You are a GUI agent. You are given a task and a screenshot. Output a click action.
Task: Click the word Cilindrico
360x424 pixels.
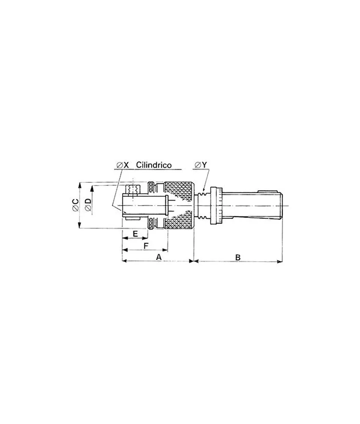[154, 165]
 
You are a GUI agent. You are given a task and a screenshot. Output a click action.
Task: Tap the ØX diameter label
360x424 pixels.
[122, 165]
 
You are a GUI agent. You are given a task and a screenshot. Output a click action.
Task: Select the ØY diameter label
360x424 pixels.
[201, 165]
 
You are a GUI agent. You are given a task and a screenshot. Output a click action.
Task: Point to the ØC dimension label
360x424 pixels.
[75, 205]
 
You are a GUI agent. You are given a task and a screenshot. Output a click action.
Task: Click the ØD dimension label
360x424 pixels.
[88, 204]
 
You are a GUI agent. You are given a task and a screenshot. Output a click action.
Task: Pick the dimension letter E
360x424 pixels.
[135, 233]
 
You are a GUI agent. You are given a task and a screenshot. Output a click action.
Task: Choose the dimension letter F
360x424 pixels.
[146, 246]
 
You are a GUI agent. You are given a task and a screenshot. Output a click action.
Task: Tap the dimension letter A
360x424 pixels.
[159, 257]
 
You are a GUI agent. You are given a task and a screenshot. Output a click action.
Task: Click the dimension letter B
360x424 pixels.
[238, 257]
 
